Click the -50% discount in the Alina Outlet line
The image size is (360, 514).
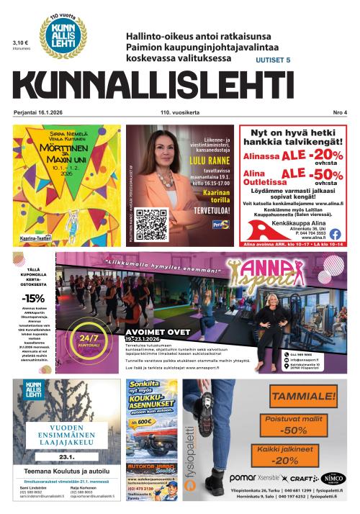323,176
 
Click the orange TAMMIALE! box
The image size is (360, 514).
303,395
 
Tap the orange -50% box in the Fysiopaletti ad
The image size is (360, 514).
295,429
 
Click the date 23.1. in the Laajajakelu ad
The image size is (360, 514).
68,456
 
